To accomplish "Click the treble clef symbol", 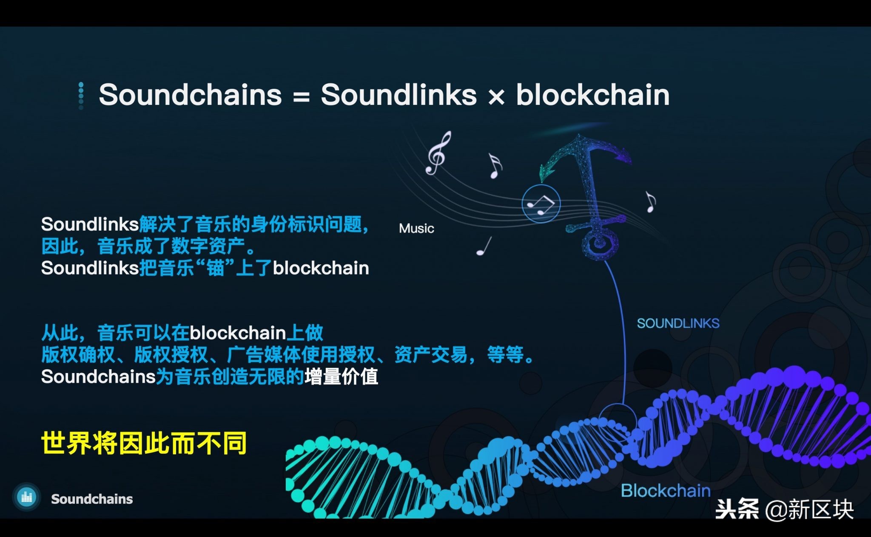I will [x=438, y=153].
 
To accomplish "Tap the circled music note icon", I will [x=541, y=204].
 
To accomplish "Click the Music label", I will [x=416, y=229].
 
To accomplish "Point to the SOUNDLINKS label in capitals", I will [x=678, y=323].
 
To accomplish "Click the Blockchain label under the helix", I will [x=666, y=491].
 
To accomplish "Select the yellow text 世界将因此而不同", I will [x=144, y=443].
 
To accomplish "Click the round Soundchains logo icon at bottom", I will [x=27, y=497].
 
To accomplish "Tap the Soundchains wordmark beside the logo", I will [x=92, y=499].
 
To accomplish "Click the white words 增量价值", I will [x=341, y=377].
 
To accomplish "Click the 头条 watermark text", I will [x=737, y=509].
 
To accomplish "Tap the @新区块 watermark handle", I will [x=809, y=509].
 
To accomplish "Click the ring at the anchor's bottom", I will [x=600, y=243].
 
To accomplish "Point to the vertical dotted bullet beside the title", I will [x=81, y=96].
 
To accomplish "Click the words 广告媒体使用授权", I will [x=301, y=355].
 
